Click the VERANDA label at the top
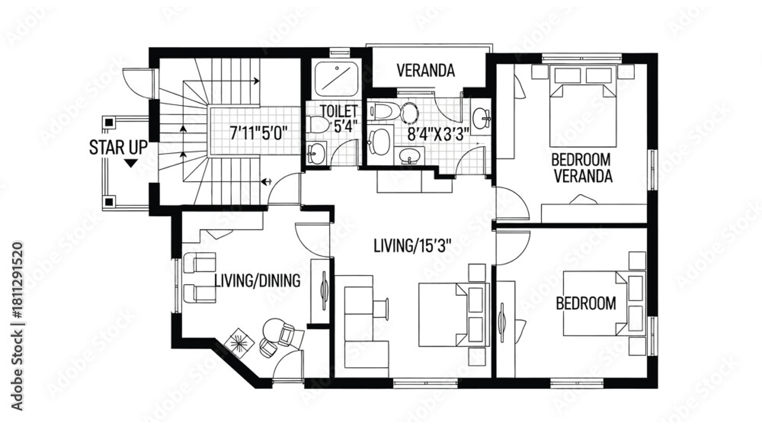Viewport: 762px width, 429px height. click(x=425, y=71)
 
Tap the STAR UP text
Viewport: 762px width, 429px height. click(x=118, y=148)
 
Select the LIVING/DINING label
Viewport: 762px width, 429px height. click(x=257, y=281)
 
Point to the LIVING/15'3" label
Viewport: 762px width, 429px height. click(x=413, y=246)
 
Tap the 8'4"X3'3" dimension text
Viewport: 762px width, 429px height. click(x=439, y=134)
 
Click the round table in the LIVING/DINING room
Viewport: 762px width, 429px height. click(x=273, y=329)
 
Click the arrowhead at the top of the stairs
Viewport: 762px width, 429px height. click(x=256, y=81)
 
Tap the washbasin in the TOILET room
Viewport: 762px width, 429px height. click(x=316, y=153)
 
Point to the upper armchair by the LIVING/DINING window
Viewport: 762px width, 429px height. click(x=200, y=262)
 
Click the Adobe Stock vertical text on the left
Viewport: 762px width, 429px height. click(x=17, y=326)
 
